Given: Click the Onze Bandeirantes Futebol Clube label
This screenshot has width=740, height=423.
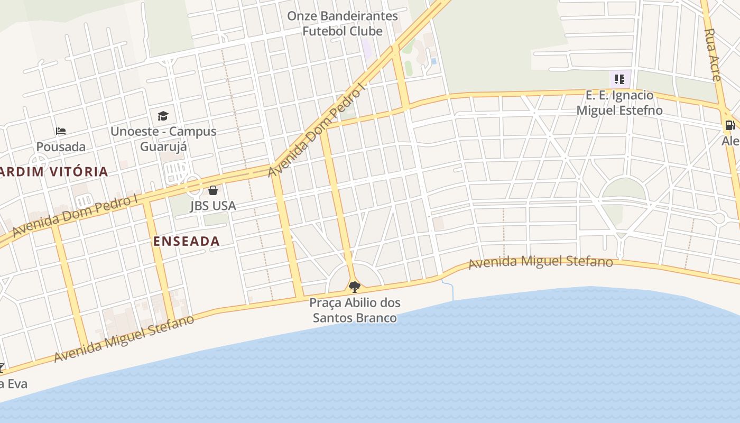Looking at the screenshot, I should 342,24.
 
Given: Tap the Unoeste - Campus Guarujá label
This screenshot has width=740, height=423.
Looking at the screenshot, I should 163,139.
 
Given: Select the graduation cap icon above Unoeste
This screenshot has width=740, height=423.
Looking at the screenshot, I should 163,116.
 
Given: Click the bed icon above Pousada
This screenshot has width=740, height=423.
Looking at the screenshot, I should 61,131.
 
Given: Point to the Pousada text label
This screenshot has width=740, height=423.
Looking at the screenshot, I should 61,146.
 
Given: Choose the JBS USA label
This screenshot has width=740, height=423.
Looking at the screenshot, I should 212,206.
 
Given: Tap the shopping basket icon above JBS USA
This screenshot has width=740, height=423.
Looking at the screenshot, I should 212,190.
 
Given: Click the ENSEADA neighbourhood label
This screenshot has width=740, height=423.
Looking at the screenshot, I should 186,241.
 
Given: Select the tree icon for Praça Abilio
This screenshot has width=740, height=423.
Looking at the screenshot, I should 354,287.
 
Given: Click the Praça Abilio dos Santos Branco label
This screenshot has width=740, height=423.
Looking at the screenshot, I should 355,310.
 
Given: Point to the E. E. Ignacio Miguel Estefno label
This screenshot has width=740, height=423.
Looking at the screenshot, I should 619,103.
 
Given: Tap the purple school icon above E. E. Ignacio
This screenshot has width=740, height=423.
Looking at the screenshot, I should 619,80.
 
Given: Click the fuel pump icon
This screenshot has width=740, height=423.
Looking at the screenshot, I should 730,125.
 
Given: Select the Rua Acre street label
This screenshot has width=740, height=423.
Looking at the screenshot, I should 713,54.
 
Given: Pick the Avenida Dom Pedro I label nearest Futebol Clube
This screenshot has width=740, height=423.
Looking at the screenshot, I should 317,130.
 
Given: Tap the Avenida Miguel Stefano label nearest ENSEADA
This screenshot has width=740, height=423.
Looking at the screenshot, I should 124,338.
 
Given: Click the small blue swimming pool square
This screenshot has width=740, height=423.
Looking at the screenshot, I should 433,61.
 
